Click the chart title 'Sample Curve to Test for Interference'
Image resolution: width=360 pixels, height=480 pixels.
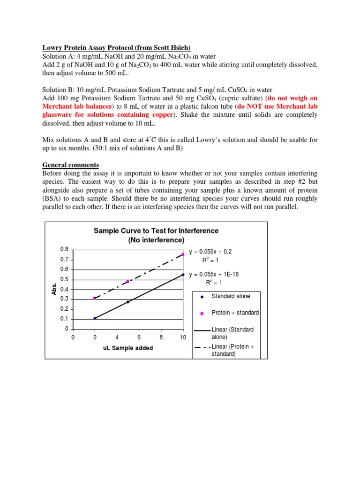tap(156, 231)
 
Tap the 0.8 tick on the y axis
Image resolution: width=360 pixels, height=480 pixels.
tap(64, 249)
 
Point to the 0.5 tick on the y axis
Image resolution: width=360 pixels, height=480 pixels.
tap(64, 279)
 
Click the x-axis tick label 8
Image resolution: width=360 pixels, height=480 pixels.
tap(161, 337)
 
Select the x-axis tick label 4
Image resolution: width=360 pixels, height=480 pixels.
tap(117, 337)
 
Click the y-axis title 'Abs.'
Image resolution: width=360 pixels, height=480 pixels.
tap(54, 289)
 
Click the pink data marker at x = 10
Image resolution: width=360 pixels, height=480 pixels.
tap(183, 255)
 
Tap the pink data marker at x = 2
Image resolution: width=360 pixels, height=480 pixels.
tap(95, 298)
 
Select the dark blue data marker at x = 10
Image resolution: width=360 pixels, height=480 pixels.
tap(183, 274)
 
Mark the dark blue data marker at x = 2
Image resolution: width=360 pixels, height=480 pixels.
tap(95, 318)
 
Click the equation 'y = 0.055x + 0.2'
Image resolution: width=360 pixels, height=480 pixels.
tap(210, 252)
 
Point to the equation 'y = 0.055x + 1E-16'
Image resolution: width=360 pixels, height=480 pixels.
tap(213, 274)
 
